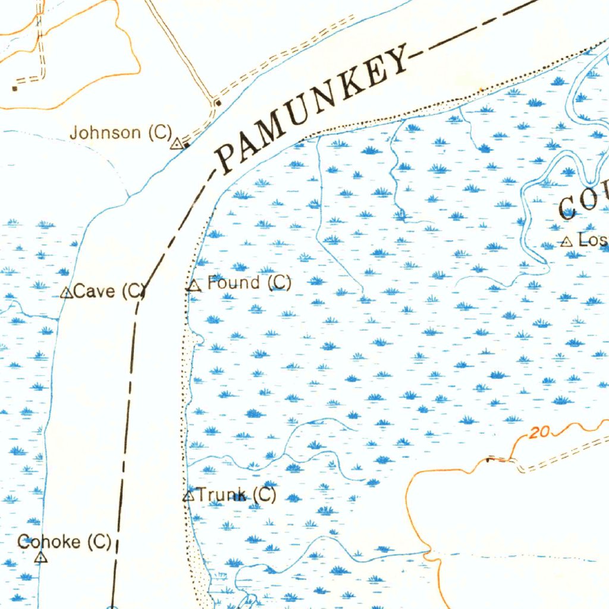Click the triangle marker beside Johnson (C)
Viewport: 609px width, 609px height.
coord(177,143)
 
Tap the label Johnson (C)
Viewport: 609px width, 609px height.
coord(121,132)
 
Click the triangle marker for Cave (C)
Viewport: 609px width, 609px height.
coord(67,293)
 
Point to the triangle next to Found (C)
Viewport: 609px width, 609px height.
coord(193,286)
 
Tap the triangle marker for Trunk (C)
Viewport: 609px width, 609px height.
coord(189,495)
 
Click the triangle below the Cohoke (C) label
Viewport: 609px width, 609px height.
coord(41,557)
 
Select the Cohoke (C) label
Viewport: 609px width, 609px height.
coord(64,542)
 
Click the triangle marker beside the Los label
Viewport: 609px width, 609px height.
coord(566,241)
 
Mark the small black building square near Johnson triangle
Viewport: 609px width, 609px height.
coord(186,145)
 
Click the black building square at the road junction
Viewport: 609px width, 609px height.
coord(218,103)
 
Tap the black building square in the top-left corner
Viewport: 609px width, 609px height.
coord(15,89)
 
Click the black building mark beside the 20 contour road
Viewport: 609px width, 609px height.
coord(490,459)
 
